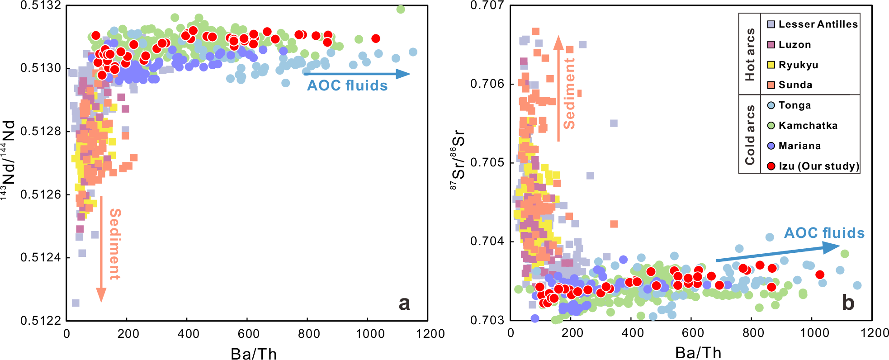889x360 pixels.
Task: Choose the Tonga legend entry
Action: coord(794,105)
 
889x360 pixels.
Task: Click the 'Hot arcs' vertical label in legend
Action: coord(750,54)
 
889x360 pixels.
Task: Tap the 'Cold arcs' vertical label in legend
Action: coord(750,135)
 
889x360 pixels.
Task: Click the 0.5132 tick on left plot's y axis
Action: coord(41,6)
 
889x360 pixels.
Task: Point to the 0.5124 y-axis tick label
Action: coord(41,258)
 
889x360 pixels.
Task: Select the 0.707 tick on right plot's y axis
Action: coord(487,6)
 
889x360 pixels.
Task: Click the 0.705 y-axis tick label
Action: coord(487,163)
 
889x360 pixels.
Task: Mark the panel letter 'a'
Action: coord(404,303)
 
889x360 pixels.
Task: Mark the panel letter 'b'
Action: coord(848,302)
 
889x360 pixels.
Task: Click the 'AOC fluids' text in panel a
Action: coord(347,86)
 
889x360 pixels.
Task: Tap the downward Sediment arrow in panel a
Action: coord(101,249)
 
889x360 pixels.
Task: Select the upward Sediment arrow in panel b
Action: coord(558,88)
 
